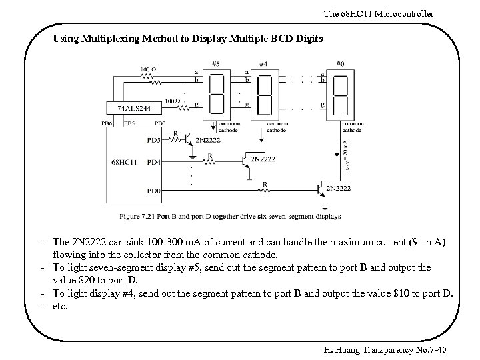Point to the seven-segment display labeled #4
point(265,94)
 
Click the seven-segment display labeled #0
point(340,94)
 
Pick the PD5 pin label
point(153,140)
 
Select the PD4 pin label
point(153,162)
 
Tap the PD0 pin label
point(153,191)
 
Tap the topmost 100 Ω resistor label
point(149,69)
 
